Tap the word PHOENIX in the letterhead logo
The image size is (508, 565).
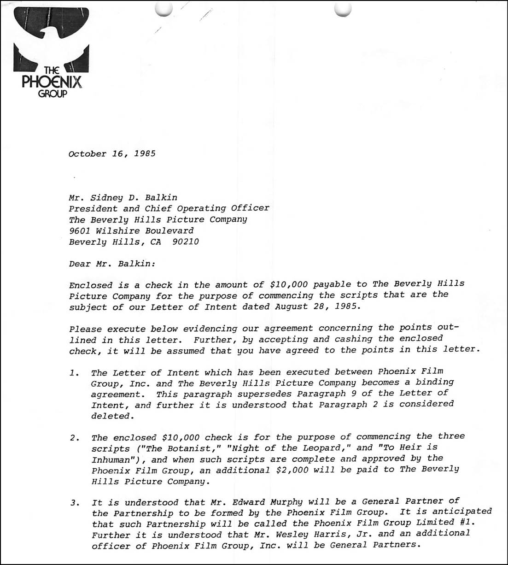click(52, 82)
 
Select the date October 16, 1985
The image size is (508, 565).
click(112, 154)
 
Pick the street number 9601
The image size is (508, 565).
click(79, 230)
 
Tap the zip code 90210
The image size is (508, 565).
click(185, 241)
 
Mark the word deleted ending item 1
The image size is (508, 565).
click(110, 416)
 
